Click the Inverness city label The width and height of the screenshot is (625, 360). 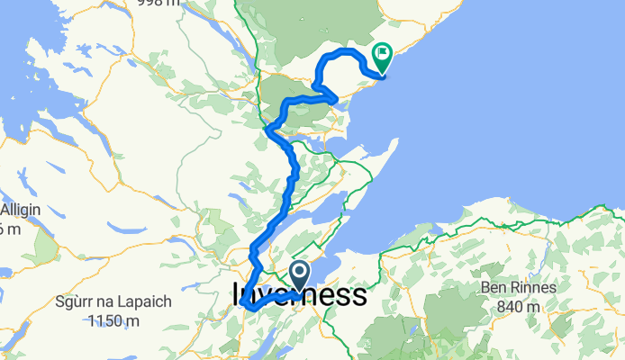pyautogui.click(x=299, y=295)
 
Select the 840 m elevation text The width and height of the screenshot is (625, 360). pyautogui.click(x=516, y=305)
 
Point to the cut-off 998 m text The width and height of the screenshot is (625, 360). pyautogui.click(x=158, y=4)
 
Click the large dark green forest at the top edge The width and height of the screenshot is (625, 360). pyautogui.click(x=315, y=22)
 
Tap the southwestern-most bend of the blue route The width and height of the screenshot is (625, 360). pyautogui.click(x=244, y=310)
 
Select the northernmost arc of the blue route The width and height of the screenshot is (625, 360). pyautogui.click(x=340, y=52)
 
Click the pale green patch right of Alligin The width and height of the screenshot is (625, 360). pyautogui.click(x=45, y=243)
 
